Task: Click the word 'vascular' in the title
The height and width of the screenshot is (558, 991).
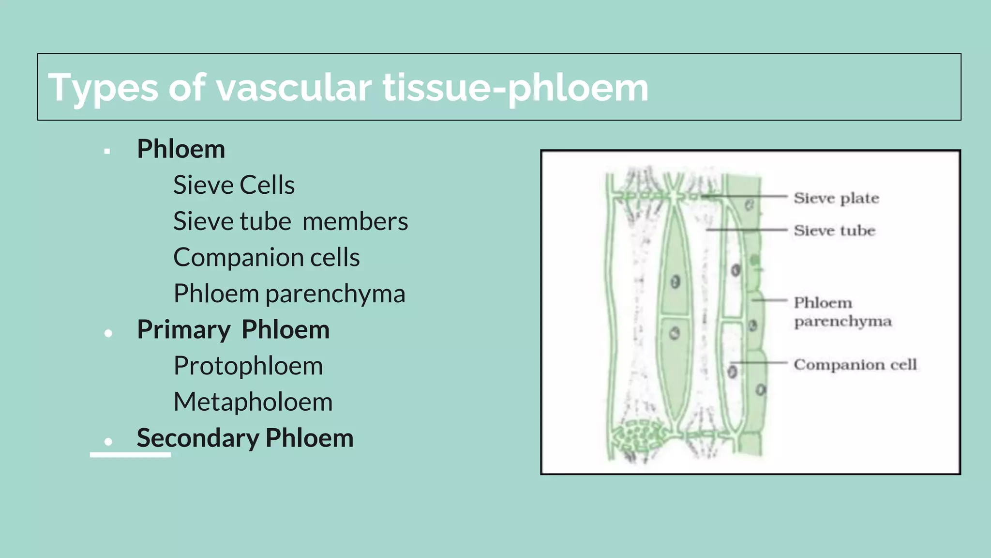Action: coord(294,88)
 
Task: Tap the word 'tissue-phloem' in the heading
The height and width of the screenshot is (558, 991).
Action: coord(515,88)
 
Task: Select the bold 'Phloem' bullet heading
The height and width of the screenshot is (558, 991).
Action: coord(181,149)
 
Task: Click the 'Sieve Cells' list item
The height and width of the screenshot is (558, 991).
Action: coord(234,185)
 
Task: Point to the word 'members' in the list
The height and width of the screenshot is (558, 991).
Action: coord(355,221)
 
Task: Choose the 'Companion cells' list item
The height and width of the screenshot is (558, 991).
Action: coord(266,257)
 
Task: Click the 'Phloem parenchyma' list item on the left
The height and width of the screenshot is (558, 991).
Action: coord(289,294)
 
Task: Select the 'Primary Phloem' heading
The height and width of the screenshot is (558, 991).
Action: coord(233,329)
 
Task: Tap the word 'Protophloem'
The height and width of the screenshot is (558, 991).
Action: coord(248,366)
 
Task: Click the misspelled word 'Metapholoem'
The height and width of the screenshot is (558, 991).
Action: coord(253,402)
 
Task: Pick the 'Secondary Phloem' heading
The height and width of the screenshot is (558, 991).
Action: coord(245,438)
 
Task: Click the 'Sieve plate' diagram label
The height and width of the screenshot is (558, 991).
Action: coord(836,198)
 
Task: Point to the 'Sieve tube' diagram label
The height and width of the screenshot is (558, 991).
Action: coord(834,231)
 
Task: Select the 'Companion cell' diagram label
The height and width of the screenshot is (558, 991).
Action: coord(855,364)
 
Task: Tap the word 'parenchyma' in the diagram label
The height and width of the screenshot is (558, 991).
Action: coord(842,321)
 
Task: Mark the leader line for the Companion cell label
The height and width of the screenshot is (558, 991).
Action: coord(760,362)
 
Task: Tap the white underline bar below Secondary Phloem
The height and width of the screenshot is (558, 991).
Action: coord(130,454)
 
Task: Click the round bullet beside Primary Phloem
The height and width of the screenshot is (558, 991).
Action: coord(108,333)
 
